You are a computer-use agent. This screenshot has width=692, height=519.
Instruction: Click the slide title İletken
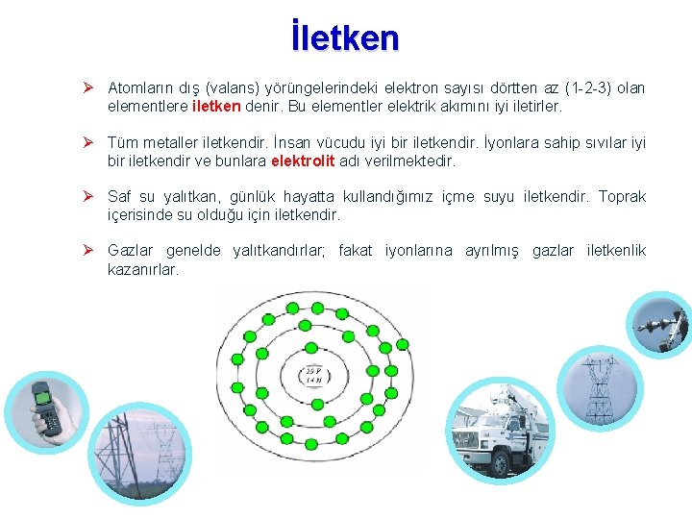point(344,37)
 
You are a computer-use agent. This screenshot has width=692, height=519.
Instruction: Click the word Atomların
point(139,88)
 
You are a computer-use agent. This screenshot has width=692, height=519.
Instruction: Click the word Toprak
point(622,197)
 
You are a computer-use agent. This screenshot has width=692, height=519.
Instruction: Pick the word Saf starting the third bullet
point(120,197)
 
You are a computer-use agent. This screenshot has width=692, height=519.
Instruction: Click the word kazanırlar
point(143,269)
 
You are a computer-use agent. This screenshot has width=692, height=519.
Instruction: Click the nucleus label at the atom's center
point(313,375)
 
